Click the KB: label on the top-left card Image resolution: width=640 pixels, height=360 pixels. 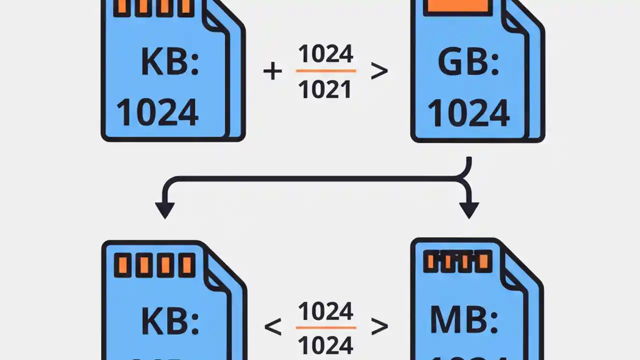[x=170, y=62]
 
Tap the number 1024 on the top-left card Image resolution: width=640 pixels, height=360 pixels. [x=157, y=112]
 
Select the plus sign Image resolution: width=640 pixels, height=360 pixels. [x=272, y=71]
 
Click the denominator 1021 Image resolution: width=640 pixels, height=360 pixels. [x=325, y=89]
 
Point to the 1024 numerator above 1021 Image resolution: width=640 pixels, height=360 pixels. [x=325, y=54]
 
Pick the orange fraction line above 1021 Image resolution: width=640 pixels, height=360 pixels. [x=325, y=71]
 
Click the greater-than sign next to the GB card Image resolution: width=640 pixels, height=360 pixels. [x=379, y=71]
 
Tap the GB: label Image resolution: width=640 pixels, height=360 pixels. [x=468, y=62]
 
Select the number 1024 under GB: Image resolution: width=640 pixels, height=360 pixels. [x=468, y=112]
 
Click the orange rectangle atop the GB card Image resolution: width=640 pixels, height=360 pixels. [x=455, y=5]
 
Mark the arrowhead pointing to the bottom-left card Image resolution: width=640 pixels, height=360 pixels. [x=164, y=210]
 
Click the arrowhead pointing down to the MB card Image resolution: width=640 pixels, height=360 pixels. [x=468, y=210]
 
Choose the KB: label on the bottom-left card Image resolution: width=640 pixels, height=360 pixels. [x=170, y=321]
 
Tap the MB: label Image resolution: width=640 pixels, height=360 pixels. [x=464, y=320]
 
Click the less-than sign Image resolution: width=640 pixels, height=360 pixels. [x=272, y=327]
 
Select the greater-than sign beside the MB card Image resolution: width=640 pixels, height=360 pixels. [x=379, y=327]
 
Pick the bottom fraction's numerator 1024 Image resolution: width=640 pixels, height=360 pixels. [x=325, y=311]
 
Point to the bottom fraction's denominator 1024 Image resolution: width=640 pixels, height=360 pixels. [x=325, y=345]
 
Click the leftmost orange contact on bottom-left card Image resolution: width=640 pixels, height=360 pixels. [x=122, y=265]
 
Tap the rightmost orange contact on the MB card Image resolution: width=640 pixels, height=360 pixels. [x=483, y=261]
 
